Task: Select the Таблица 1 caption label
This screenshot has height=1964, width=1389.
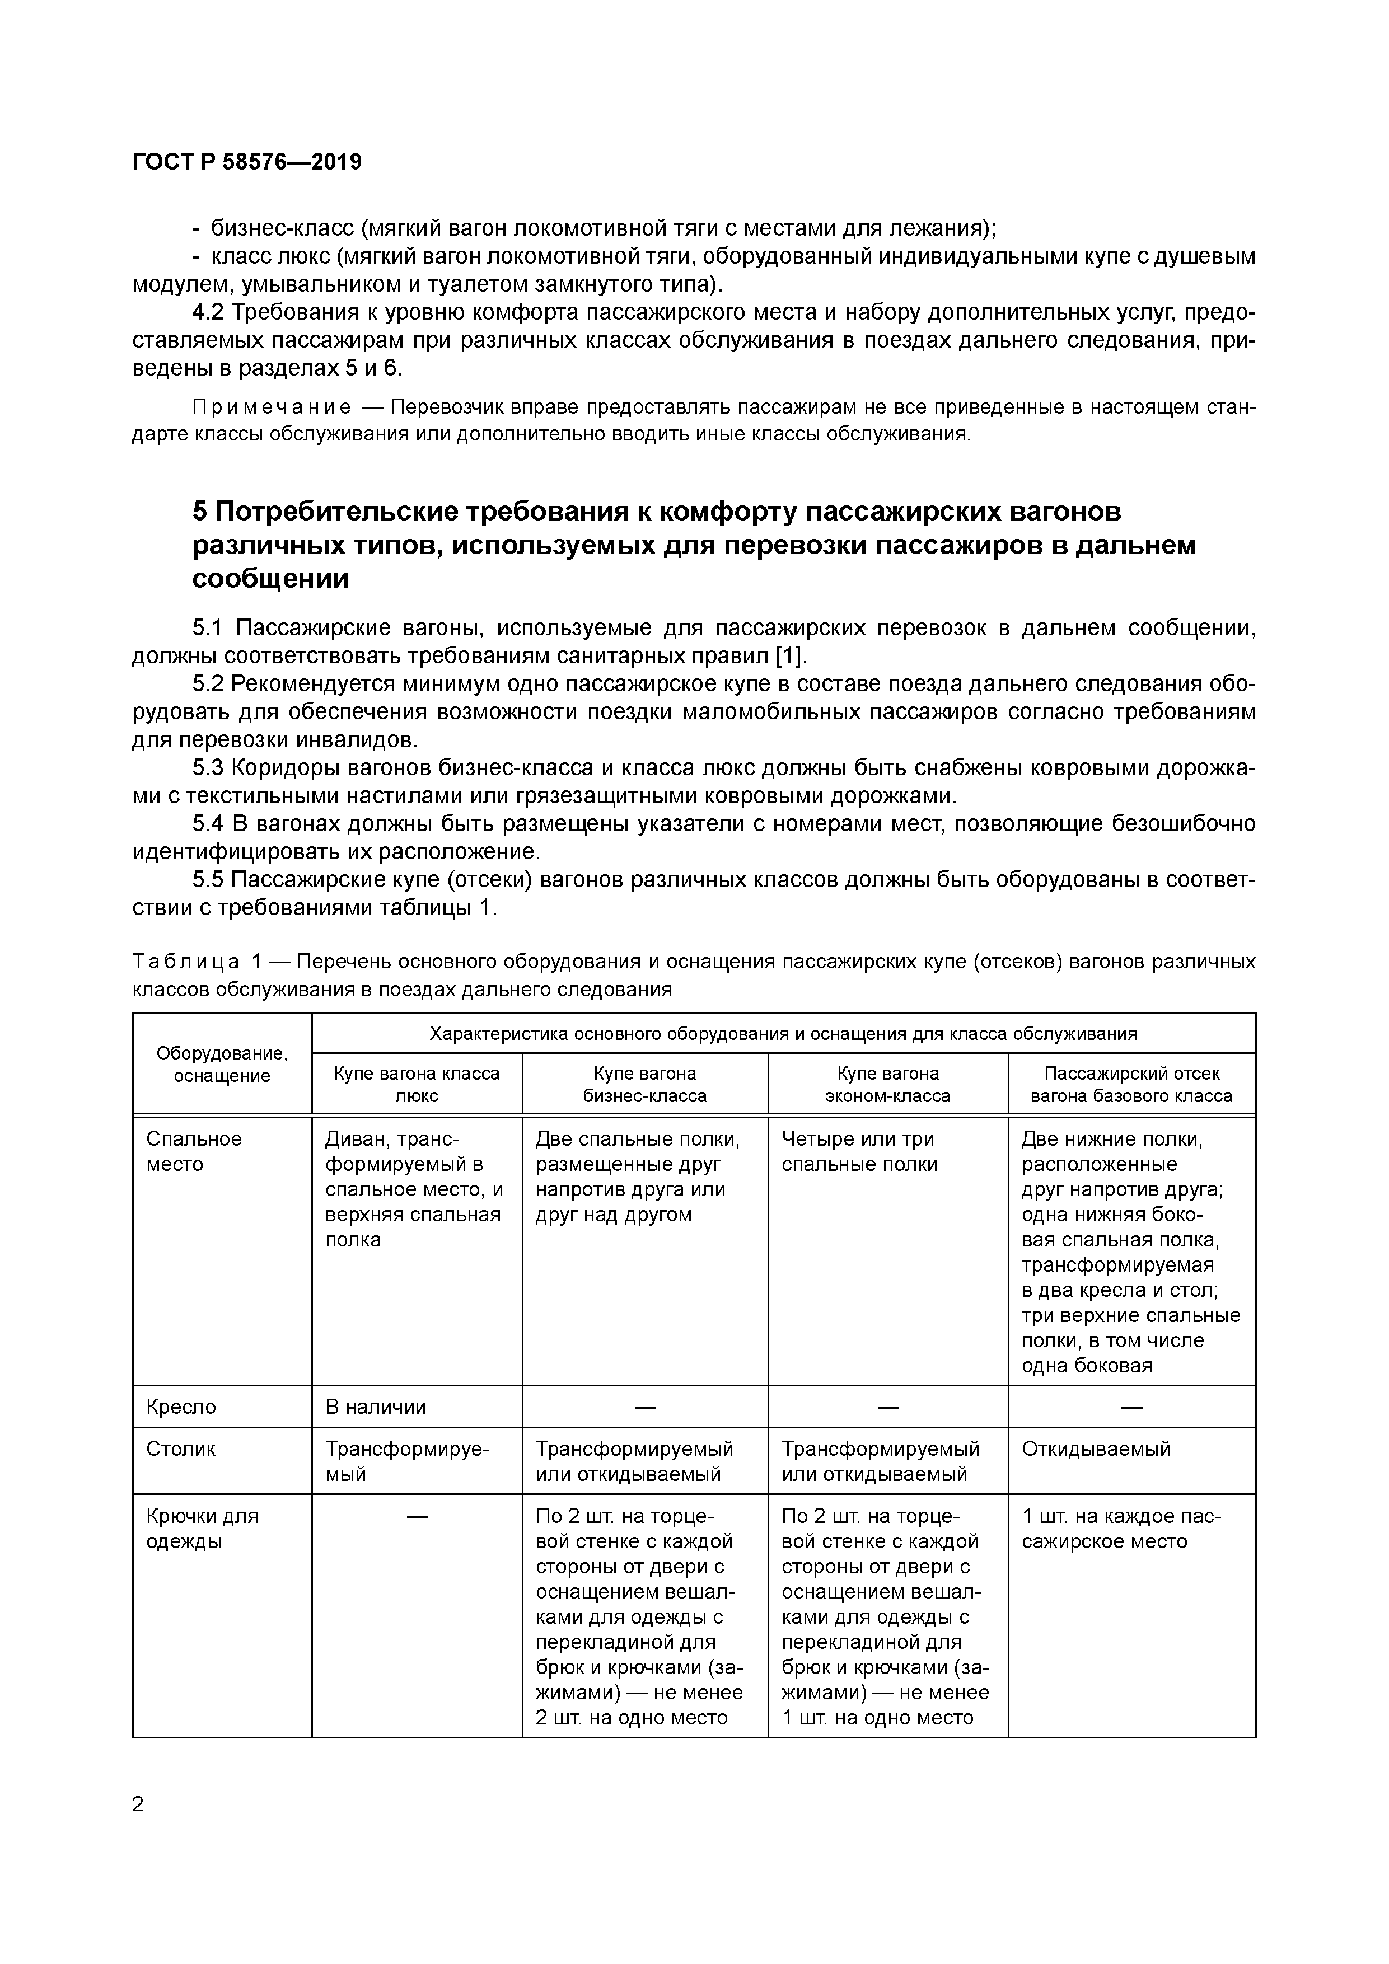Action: [x=186, y=962]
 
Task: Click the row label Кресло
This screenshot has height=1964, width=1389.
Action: [x=181, y=1407]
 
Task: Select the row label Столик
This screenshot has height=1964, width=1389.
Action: [x=181, y=1449]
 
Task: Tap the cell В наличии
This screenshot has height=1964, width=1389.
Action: [x=375, y=1407]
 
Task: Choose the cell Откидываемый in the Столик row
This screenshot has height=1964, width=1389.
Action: [x=1096, y=1449]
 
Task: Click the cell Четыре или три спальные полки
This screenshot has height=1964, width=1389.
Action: [x=859, y=1151]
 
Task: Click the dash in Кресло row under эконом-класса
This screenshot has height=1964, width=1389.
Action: [x=887, y=1407]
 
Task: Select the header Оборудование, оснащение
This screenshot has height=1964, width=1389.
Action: [x=222, y=1064]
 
